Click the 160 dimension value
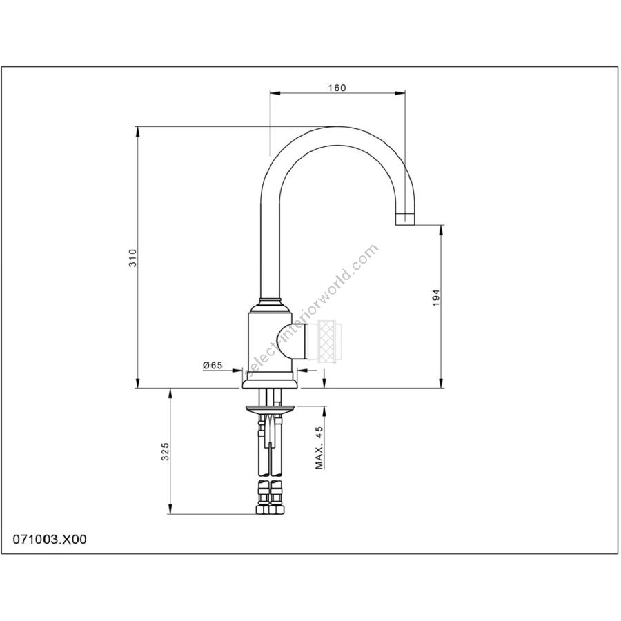point(337,88)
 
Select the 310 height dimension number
point(132,257)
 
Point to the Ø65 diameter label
point(213,366)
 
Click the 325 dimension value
point(165,451)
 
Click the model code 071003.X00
point(50,540)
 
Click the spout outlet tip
point(405,218)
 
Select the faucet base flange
point(269,382)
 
